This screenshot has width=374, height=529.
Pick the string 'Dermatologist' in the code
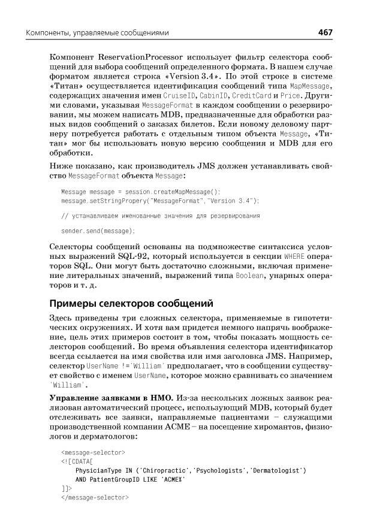tap(275, 470)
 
